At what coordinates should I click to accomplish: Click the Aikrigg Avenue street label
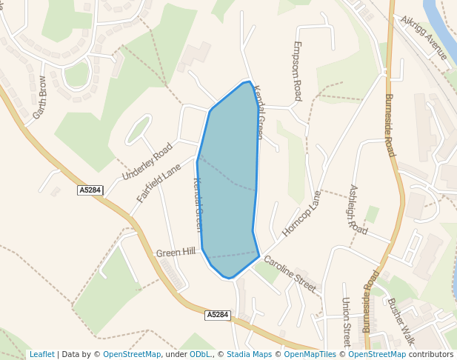424,38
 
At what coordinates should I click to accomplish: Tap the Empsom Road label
297,70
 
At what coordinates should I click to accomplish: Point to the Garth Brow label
39,98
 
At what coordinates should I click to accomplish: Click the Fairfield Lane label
159,184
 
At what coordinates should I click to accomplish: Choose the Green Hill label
176,253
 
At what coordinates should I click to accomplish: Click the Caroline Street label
290,272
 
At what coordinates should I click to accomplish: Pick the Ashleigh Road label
358,210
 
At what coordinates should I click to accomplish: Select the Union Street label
346,317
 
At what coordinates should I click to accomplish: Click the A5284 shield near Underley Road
90,190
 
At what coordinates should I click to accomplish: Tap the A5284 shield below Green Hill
218,315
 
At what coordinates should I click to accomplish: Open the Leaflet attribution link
41,354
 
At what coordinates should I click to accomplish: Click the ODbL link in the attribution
200,354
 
